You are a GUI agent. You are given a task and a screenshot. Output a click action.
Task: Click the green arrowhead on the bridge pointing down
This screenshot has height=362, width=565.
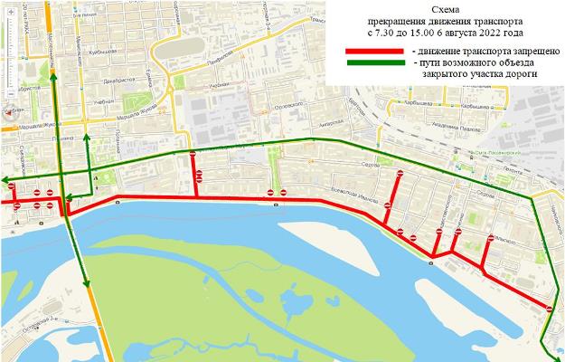(x=88, y=283)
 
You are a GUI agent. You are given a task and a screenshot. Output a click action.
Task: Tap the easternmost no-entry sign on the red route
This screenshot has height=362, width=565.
(x=550, y=310)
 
